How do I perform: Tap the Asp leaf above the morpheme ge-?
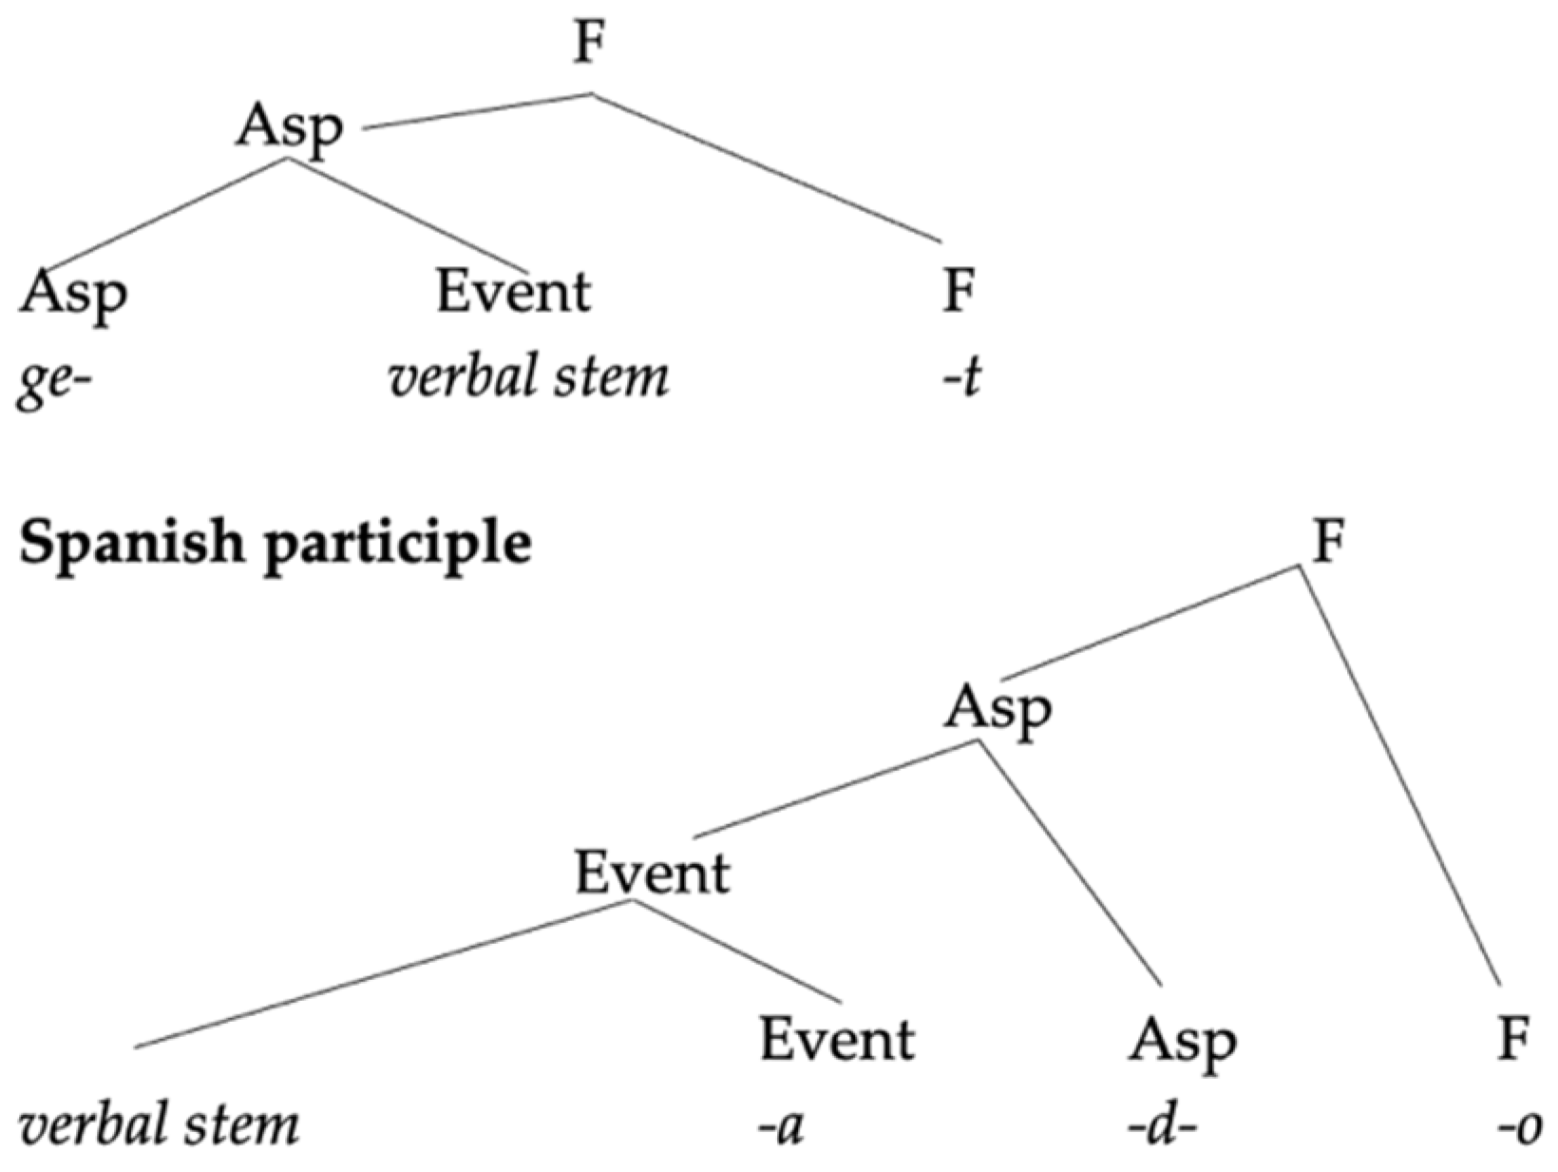click(73, 293)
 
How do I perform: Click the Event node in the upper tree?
click(513, 291)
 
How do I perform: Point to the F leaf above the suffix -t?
click(959, 291)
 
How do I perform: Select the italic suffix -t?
click(959, 378)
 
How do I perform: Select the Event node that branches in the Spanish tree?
click(652, 873)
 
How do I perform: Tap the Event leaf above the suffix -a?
click(836, 1039)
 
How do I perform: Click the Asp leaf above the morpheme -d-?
click(1183, 1042)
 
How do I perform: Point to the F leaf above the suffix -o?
click(1513, 1039)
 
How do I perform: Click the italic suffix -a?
click(781, 1127)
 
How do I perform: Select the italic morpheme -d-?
click(1162, 1127)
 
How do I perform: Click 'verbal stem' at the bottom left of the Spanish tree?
click(159, 1125)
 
